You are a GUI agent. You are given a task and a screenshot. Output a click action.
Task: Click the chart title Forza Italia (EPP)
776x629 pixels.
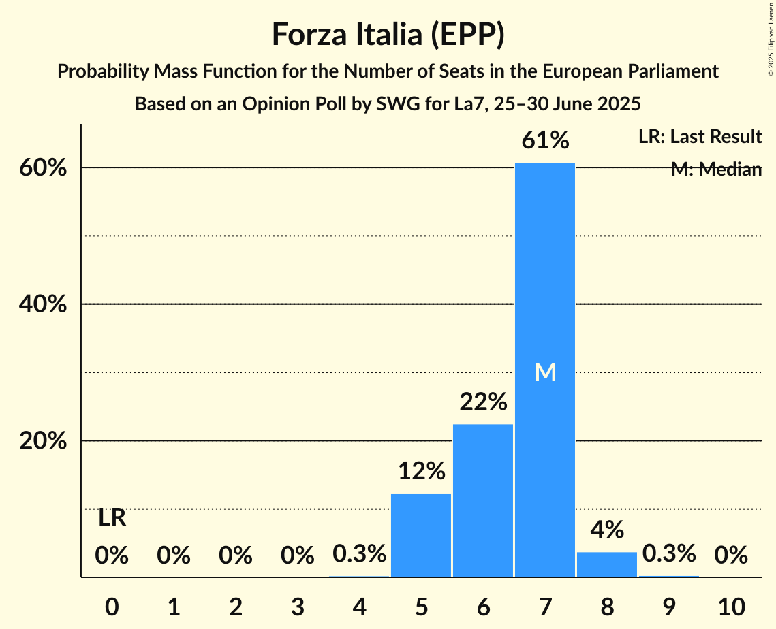(388, 34)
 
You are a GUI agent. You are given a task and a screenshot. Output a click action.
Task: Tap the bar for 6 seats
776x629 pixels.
(483, 500)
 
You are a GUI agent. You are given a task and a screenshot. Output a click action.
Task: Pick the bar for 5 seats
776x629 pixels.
(421, 535)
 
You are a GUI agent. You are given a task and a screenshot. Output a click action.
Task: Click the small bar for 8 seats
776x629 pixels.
(606, 564)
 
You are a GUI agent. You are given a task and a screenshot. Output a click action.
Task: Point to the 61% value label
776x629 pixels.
(545, 141)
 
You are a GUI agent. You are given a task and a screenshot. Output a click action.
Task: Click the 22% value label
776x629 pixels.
(483, 402)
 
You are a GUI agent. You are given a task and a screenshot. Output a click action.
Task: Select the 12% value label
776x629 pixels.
(421, 471)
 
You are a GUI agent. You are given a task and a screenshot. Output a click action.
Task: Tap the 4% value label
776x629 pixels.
(606, 530)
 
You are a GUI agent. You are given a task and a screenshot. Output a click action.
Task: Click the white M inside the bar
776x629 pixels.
(545, 372)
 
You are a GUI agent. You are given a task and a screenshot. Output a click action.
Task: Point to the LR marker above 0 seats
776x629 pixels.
(112, 518)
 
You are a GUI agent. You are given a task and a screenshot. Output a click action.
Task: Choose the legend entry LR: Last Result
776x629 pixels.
(700, 137)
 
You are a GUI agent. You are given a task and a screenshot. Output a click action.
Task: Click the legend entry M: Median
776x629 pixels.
(715, 170)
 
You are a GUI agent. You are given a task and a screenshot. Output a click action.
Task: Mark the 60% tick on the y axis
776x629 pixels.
(42, 168)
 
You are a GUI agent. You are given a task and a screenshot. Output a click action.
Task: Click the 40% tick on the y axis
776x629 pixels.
(42, 305)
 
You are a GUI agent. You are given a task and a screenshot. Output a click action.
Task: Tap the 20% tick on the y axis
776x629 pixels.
(42, 441)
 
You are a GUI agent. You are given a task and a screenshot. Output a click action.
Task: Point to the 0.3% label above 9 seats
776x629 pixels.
(668, 553)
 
